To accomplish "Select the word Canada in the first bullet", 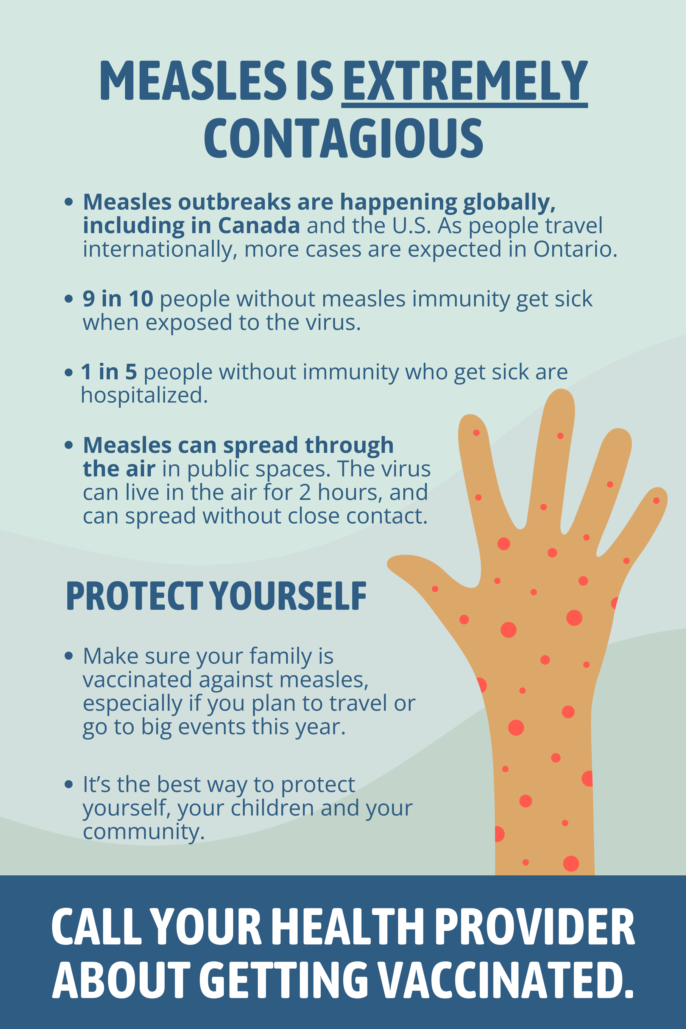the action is [259, 225].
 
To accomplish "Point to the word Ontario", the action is [575, 250].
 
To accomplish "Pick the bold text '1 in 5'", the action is [109, 372].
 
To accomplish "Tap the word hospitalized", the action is [144, 395].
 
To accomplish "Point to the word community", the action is [144, 832].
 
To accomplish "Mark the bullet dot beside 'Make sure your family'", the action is [69, 656].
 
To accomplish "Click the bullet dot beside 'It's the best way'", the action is [69, 785].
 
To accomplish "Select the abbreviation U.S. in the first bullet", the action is [412, 226].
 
